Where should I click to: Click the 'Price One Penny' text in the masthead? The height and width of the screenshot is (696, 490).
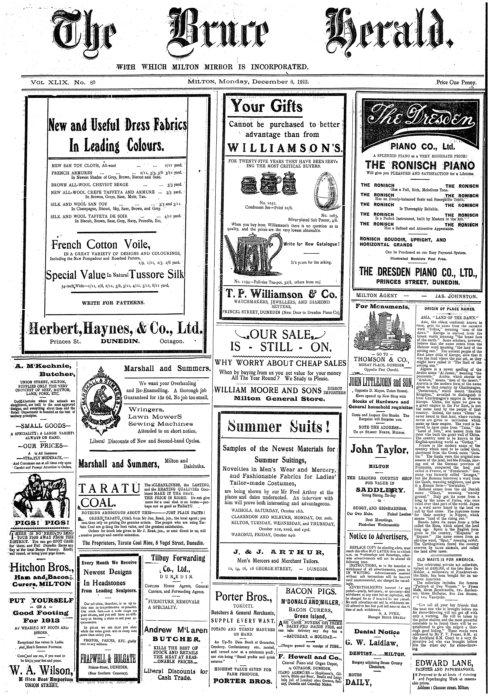tap(456, 82)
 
